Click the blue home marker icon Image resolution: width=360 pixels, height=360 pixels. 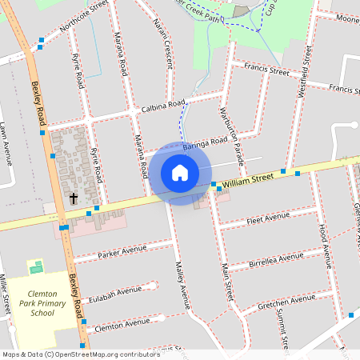180,173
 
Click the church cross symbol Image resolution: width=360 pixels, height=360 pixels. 74,198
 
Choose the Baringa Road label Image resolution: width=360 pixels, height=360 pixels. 206,142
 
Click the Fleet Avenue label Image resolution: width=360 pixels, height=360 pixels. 269,218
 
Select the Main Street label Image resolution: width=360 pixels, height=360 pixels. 226,281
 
